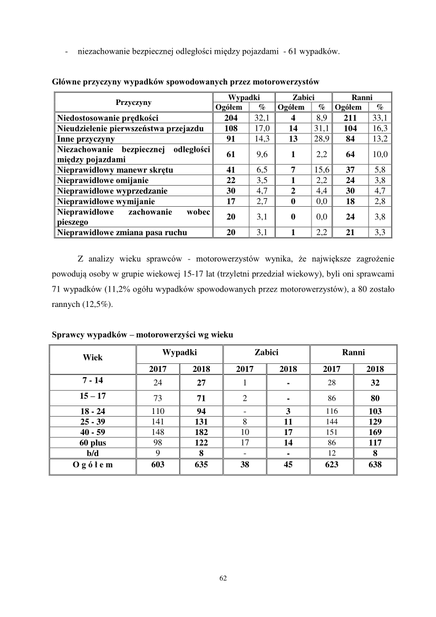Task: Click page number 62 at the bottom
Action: (222, 579)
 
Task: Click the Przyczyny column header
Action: (133, 102)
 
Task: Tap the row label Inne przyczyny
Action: (86, 139)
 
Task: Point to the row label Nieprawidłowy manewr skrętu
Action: (115, 170)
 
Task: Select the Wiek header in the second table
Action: (93, 357)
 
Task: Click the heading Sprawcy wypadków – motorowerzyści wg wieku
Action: (142, 335)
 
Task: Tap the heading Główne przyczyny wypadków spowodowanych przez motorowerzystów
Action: (186, 82)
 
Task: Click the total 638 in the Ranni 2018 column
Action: (374, 465)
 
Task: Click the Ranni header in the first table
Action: (362, 98)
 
